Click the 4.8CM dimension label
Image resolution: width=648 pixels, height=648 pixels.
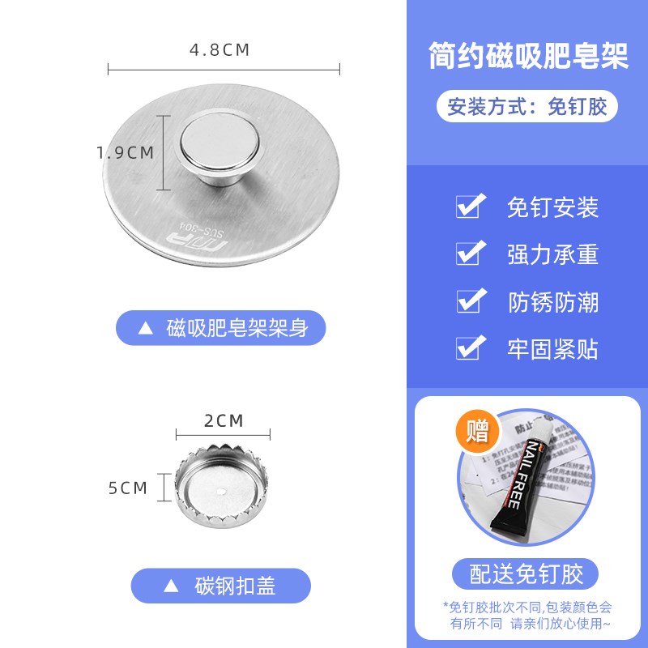[x=220, y=49]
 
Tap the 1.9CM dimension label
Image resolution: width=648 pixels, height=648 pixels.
[x=124, y=151]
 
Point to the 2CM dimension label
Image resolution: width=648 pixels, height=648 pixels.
[x=224, y=420]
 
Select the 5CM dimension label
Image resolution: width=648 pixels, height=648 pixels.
[x=128, y=488]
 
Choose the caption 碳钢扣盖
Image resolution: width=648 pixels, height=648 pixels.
[x=235, y=586]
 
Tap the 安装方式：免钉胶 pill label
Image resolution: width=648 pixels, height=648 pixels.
[x=527, y=106]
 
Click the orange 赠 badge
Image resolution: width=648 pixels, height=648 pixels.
[x=478, y=430]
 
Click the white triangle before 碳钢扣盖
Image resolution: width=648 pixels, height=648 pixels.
[x=172, y=586]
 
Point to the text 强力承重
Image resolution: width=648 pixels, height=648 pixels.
[x=552, y=254]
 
